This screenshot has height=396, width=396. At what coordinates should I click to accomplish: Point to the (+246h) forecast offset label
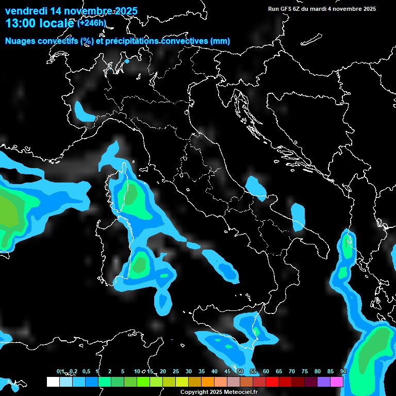coord(91,23)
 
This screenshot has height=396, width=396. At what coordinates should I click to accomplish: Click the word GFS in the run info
coord(287,9)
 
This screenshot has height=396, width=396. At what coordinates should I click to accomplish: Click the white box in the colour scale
coord(53,382)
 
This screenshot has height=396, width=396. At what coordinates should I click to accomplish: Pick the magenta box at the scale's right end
coord(337,382)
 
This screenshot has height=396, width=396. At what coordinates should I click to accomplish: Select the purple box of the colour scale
coord(324,382)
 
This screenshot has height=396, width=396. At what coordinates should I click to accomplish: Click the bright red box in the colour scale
coord(272,382)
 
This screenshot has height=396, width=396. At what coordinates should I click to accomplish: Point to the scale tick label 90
coord(343,372)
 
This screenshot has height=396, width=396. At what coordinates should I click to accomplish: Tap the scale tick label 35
coord(201,372)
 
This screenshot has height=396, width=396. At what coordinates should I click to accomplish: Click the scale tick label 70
coord(291,372)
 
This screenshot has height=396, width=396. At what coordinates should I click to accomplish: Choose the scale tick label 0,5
coord(86,372)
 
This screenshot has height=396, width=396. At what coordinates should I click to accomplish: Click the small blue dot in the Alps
coord(127,61)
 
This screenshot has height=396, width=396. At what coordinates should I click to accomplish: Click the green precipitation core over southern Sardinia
coord(139,263)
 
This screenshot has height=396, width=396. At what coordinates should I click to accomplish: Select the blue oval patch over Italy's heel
coord(298,216)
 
